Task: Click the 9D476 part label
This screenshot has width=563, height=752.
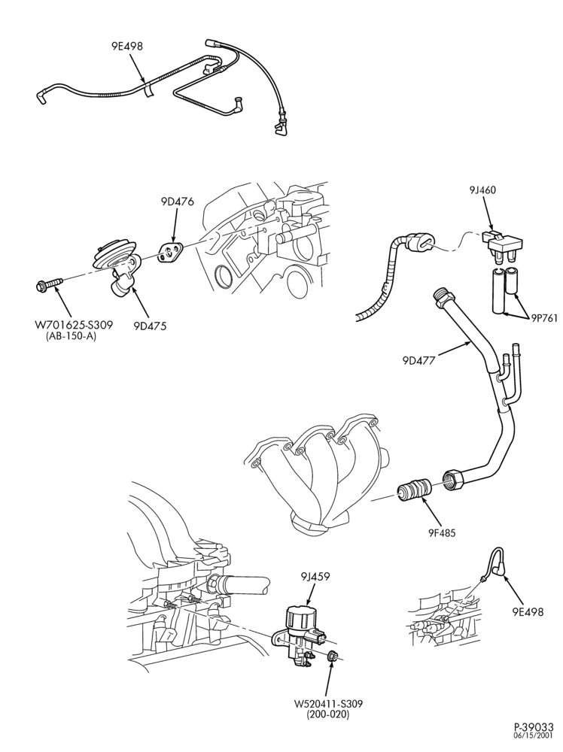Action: (x=178, y=202)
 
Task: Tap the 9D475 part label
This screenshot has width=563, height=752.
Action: (x=150, y=326)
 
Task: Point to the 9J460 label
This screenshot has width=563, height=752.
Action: (x=483, y=190)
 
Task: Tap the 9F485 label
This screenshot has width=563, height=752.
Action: (x=443, y=532)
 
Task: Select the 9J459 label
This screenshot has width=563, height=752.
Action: (x=316, y=577)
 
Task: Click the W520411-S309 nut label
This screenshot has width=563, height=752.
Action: (x=328, y=704)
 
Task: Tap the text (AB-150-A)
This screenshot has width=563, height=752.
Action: (x=71, y=337)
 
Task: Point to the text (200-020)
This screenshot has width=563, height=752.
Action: (x=328, y=714)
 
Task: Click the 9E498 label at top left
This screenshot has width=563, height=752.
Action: (x=126, y=46)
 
